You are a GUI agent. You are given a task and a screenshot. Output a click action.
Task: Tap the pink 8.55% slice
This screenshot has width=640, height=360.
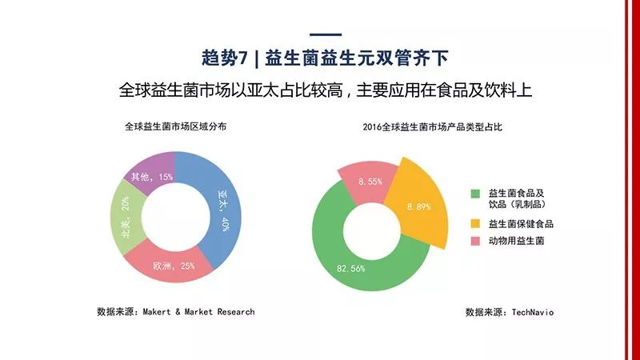(x=364, y=180)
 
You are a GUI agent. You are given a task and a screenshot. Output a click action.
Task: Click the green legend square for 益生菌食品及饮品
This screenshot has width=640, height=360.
(x=475, y=193)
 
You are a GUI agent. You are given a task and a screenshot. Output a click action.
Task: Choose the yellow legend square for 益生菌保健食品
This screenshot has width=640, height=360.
(x=475, y=224)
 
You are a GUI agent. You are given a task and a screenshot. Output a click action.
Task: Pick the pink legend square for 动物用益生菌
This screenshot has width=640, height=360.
(x=475, y=241)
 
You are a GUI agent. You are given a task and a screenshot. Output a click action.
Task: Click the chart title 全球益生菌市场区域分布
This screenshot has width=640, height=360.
(x=175, y=126)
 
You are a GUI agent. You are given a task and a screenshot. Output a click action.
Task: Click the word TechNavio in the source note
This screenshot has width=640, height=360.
(x=531, y=312)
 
